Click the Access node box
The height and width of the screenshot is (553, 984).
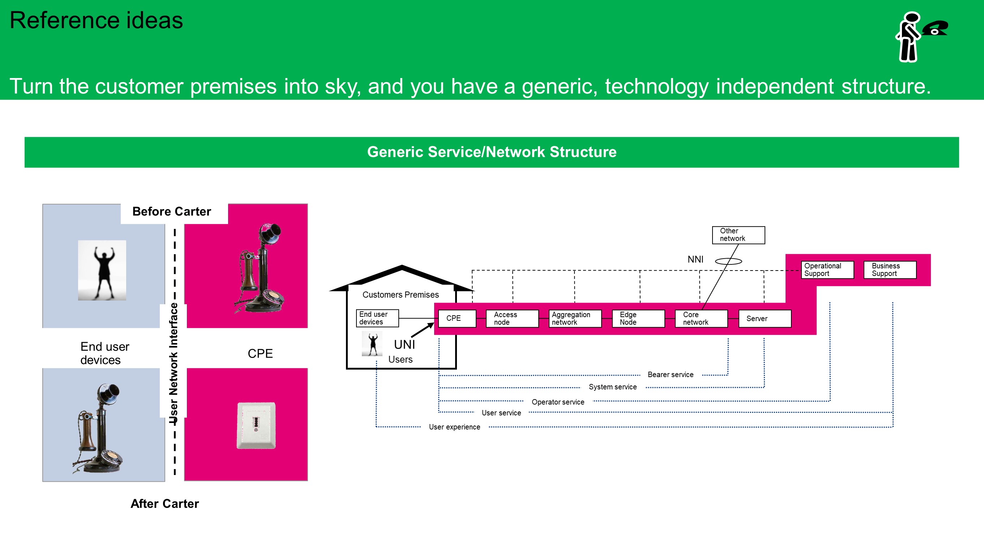point(512,318)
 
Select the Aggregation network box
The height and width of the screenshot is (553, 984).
point(575,318)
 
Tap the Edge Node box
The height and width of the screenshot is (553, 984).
point(638,318)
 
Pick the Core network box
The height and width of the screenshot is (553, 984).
point(701,318)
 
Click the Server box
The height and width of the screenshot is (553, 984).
point(764,318)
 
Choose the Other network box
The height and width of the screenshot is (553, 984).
point(738,235)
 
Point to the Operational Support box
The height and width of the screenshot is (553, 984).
point(827,270)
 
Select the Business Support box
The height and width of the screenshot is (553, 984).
point(890,270)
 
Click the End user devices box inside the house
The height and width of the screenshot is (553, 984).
point(377,318)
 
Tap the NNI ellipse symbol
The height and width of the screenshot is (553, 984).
point(728,262)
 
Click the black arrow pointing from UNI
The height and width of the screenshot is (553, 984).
point(423,330)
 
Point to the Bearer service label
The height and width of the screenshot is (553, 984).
point(670,375)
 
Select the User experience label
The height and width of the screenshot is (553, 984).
point(454,427)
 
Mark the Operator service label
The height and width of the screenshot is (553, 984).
point(558,402)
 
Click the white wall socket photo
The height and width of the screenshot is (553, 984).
point(256,425)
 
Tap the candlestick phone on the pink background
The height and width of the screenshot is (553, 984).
point(260,269)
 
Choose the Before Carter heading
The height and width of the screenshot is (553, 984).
point(171,211)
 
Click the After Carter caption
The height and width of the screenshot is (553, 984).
point(164,504)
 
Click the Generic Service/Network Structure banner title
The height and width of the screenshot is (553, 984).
point(492,152)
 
